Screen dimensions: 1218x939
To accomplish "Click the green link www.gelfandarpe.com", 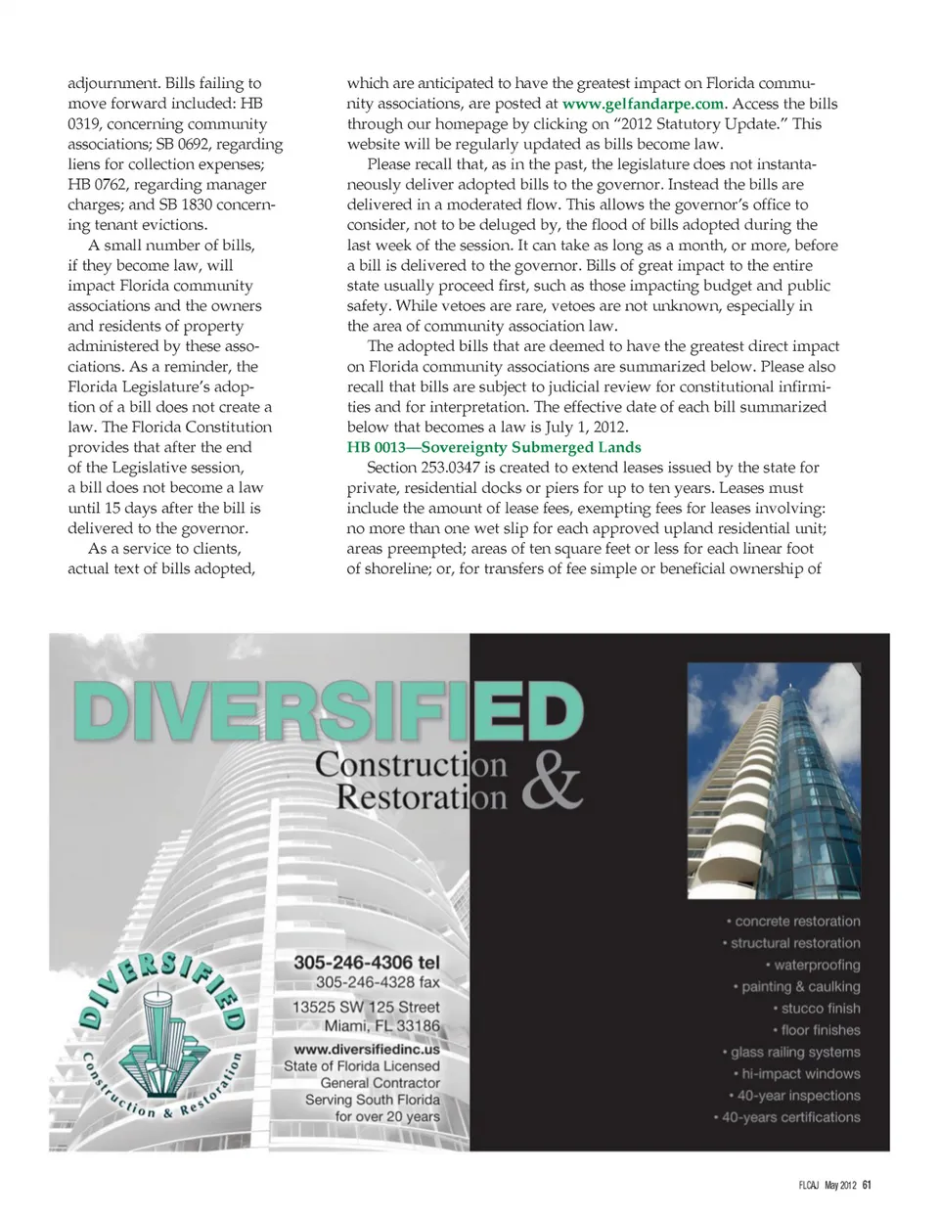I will tap(644, 104).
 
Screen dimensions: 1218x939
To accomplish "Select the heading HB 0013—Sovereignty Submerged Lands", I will tap(494, 447).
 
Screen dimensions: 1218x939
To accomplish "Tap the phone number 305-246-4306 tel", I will tap(367, 963).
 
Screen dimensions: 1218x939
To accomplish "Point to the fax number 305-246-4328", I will tap(378, 982).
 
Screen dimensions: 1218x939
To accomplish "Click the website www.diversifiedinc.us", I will tap(367, 1048).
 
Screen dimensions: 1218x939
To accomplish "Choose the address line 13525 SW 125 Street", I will tap(366, 1007).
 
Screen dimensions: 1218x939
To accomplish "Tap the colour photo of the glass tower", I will tap(773, 781).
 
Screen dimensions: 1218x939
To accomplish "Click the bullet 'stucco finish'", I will tap(820, 1009).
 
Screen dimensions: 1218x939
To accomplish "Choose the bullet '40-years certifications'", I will tap(789, 1117).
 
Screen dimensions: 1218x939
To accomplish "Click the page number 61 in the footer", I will tap(867, 1186).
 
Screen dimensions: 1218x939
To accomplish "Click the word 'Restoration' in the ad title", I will tap(422, 796).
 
